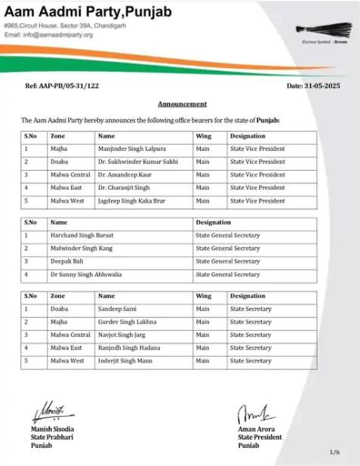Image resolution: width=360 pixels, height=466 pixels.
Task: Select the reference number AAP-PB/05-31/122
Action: pos(62,86)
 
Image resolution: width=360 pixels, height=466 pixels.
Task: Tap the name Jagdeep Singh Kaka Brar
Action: pos(130,201)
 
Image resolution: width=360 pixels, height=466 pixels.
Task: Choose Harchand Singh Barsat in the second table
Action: pos(82,235)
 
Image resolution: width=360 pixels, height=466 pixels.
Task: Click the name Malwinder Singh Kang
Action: pos(82,248)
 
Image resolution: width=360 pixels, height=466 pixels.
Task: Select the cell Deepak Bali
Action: pos(67,261)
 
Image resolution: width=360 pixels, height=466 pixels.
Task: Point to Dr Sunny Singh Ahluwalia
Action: pos(85,273)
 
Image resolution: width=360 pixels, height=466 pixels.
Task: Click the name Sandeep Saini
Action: pos(117,309)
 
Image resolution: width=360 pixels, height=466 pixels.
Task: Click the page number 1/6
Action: pos(334,452)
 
